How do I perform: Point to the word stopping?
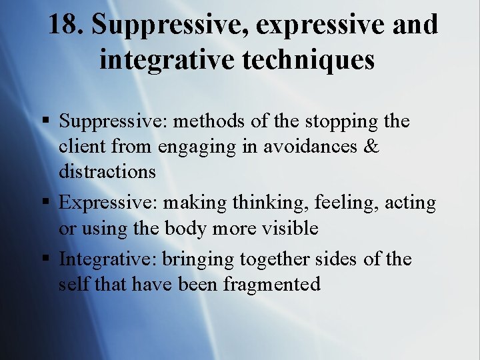click(341, 122)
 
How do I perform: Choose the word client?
click(79, 147)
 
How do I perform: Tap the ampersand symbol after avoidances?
click(371, 147)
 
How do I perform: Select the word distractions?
click(107, 171)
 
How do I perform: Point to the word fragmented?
click(272, 285)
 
